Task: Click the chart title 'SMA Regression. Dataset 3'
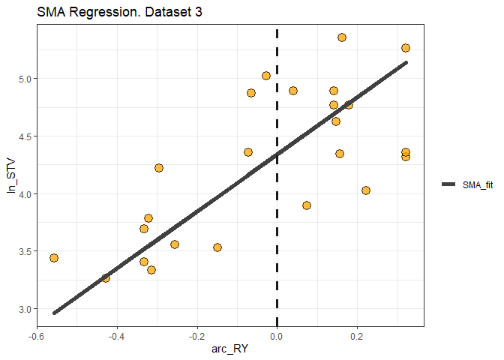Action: pos(109,13)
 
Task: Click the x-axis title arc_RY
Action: pos(230,349)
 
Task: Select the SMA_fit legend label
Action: pos(476,184)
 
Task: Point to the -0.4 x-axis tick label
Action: pos(116,336)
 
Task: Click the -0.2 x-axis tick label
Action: pos(196,336)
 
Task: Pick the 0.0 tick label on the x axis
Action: pos(277,336)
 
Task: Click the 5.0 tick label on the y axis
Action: pos(24,79)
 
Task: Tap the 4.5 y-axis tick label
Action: pos(24,136)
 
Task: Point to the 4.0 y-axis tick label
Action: pos(24,193)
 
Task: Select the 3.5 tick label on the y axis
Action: pos(24,251)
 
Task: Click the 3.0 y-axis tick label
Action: pos(24,309)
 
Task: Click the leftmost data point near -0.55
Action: pos(53,258)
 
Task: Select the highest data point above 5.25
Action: pos(342,37)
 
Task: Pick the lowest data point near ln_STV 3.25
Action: pos(106,278)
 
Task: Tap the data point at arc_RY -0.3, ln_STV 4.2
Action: pos(159,168)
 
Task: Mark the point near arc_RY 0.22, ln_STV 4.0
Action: pos(366,190)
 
